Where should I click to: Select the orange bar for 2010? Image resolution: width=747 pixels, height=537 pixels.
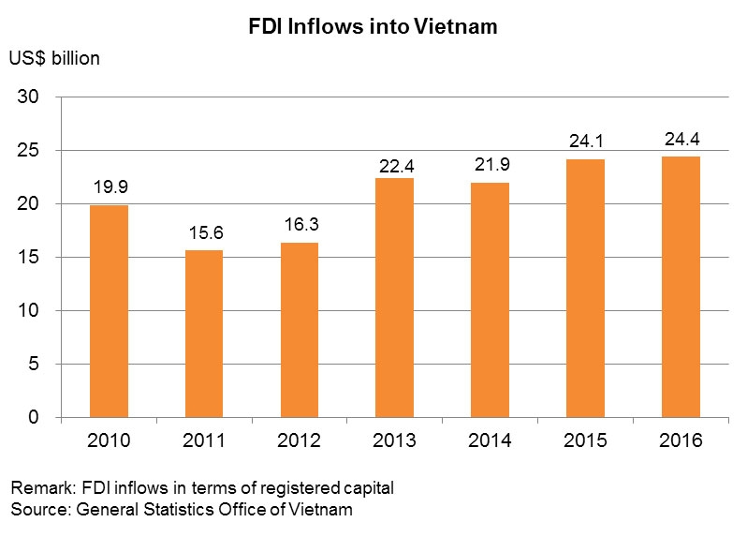(x=109, y=311)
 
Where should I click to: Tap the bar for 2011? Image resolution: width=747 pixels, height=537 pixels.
(x=204, y=334)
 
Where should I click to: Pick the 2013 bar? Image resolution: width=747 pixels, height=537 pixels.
(x=394, y=298)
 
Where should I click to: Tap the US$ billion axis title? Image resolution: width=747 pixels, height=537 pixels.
(x=54, y=58)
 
